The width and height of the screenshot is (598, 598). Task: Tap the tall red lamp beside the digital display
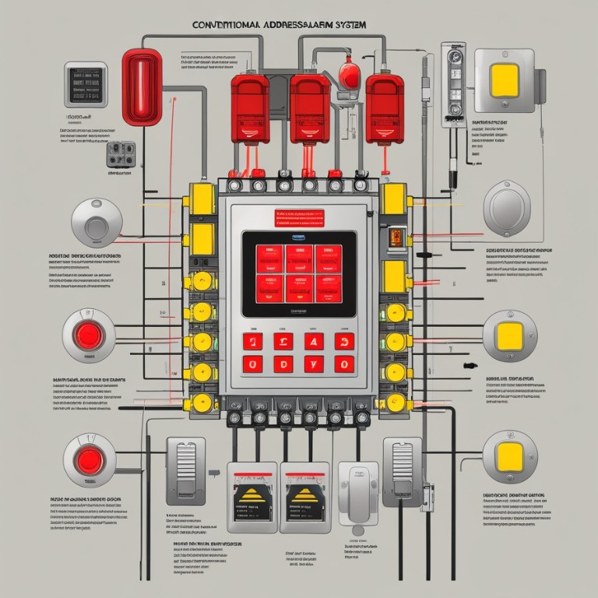point(142,86)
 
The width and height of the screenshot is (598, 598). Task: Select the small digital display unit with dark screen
point(86,83)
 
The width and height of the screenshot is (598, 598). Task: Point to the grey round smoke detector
point(97,223)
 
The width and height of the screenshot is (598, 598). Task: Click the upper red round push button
point(89,336)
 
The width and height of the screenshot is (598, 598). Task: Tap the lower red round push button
point(89,461)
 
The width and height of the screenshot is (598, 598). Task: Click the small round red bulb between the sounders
point(348,75)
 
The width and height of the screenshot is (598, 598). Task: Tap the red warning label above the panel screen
point(298,216)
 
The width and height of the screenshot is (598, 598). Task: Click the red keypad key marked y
point(315,364)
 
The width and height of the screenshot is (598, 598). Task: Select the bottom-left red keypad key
point(252,364)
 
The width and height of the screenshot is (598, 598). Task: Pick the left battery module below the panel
point(252,495)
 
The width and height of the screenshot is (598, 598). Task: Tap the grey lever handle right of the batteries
point(358,495)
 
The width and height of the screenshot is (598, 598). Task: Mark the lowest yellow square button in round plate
point(509,456)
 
